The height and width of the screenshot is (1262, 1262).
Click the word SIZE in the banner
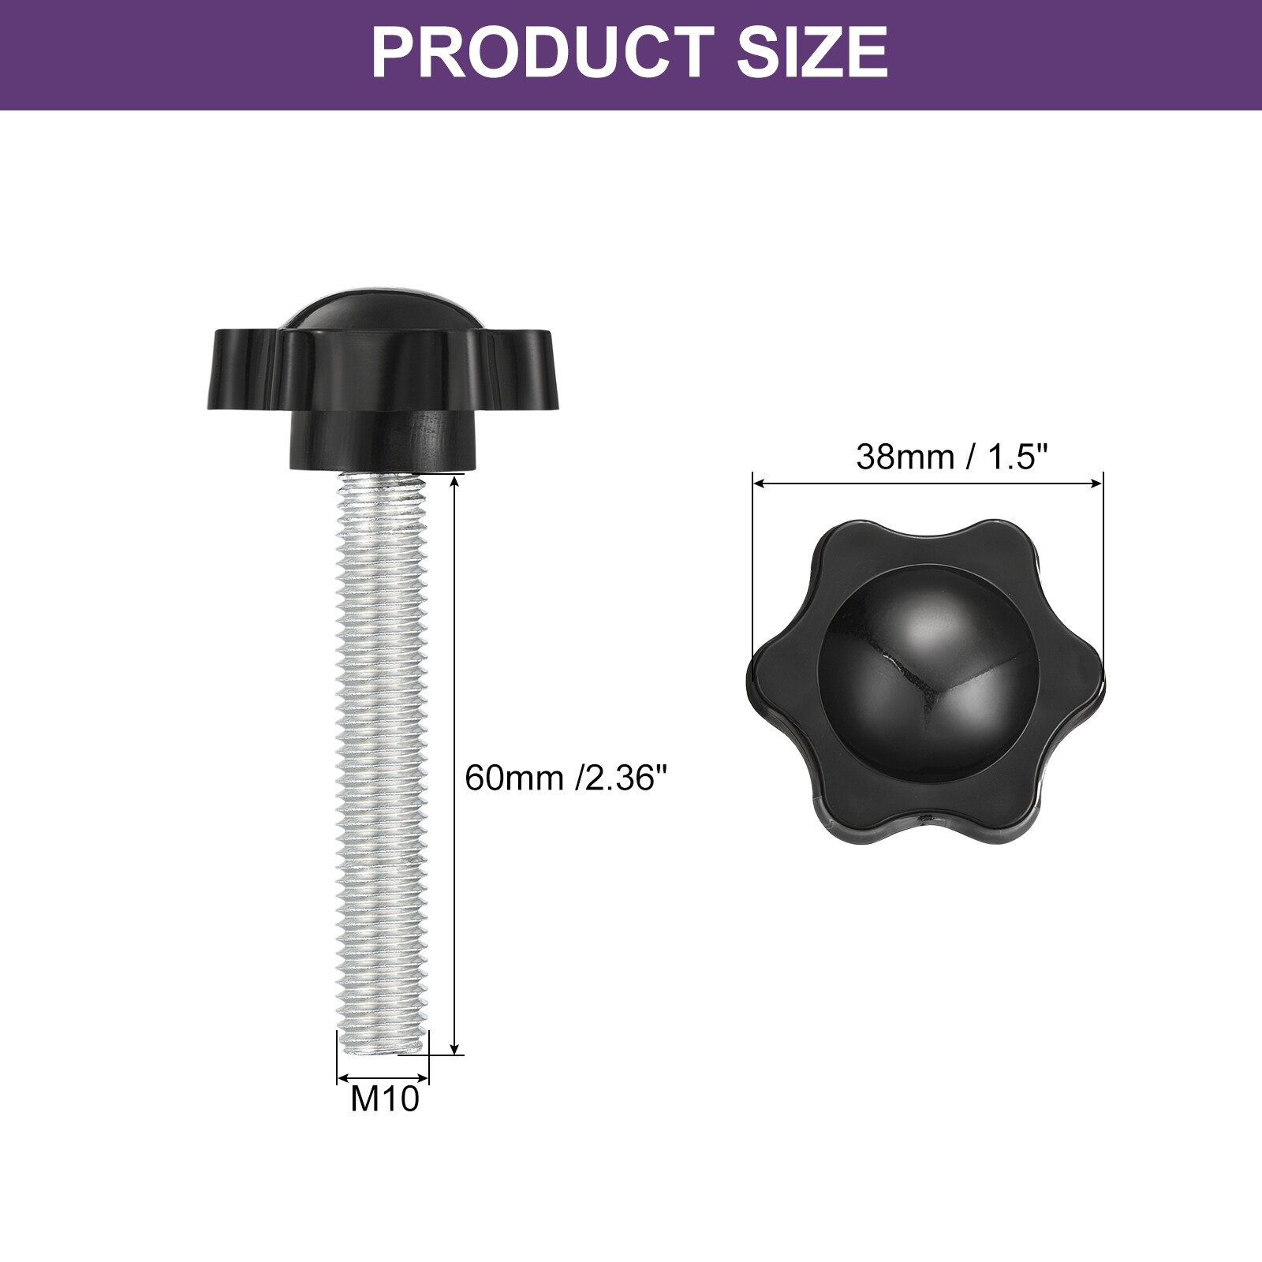click(x=812, y=51)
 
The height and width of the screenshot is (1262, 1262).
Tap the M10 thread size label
click(x=385, y=1098)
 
